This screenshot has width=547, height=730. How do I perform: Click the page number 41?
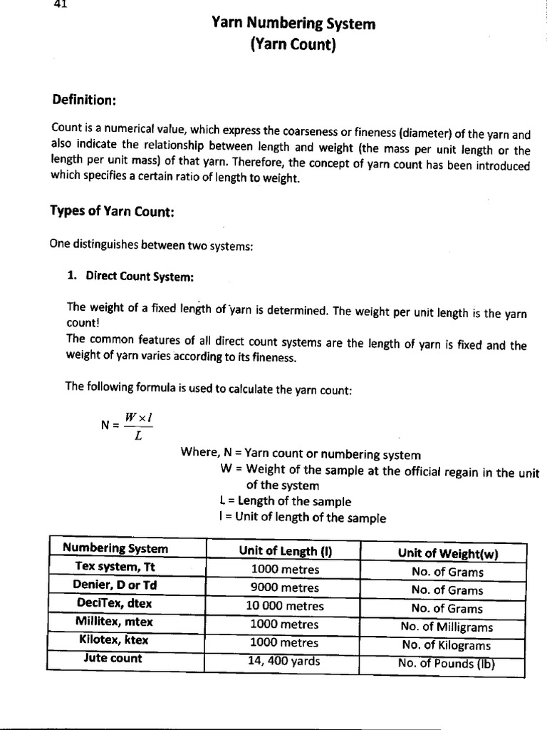tap(60, 4)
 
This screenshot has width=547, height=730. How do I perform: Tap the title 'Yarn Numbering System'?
tap(293, 25)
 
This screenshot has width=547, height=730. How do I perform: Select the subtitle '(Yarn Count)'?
tap(293, 47)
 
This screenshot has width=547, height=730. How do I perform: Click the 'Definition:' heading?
tap(84, 100)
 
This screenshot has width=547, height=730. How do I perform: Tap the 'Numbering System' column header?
tap(115, 548)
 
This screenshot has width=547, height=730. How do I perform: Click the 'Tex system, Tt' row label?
tap(115, 566)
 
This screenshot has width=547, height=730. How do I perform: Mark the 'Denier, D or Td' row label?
tap(115, 585)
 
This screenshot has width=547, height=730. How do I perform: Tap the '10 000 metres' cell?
tap(285, 607)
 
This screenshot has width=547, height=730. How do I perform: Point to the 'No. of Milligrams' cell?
tap(447, 627)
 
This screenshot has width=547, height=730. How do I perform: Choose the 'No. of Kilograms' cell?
tap(447, 646)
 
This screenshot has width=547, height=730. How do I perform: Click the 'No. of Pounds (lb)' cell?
tap(447, 664)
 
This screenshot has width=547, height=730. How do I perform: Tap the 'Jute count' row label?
tap(112, 658)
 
